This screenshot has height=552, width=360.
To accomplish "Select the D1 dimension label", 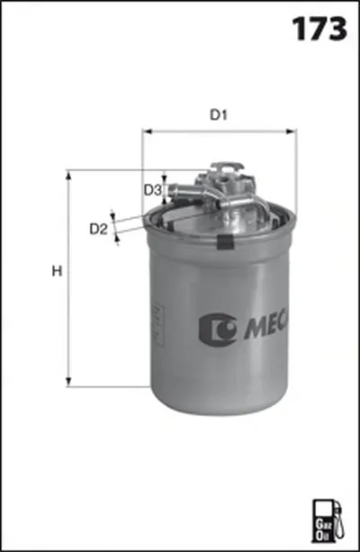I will point(218,114).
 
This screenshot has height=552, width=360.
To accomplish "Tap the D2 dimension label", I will point(98,230).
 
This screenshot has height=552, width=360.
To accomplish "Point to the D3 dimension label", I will point(152,190).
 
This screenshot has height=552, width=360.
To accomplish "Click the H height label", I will point(57,271).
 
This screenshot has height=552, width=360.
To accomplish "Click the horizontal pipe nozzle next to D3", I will point(184,190).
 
